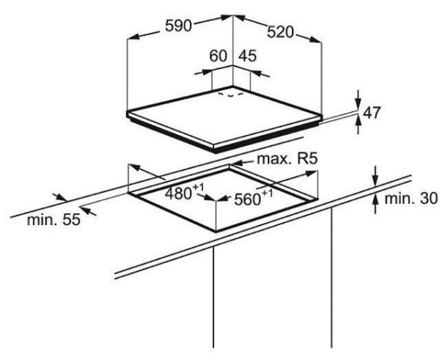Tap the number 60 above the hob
tap(219, 57)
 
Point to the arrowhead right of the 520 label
tap(317, 41)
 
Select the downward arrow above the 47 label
tap(358, 100)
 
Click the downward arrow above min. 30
tap(375, 180)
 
